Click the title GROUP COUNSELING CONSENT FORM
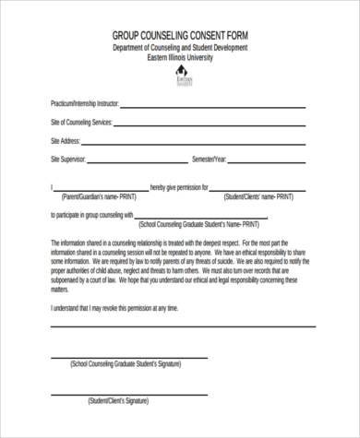[179, 36]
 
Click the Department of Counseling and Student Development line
[179, 48]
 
